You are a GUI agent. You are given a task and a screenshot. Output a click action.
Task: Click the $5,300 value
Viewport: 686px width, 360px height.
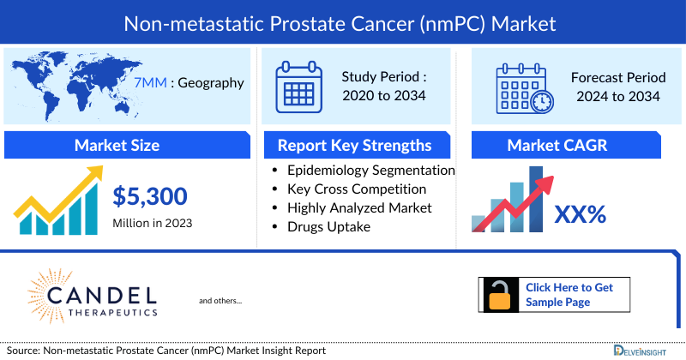pos(150,197)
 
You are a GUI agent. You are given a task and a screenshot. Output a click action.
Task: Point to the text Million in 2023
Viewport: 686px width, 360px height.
pos(153,223)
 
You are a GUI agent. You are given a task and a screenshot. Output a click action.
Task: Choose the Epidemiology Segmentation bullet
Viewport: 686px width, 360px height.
pos(370,171)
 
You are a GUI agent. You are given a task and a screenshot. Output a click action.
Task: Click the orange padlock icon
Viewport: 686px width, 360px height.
pos(501,294)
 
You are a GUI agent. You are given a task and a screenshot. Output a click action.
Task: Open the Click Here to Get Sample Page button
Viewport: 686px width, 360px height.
pos(569,294)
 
